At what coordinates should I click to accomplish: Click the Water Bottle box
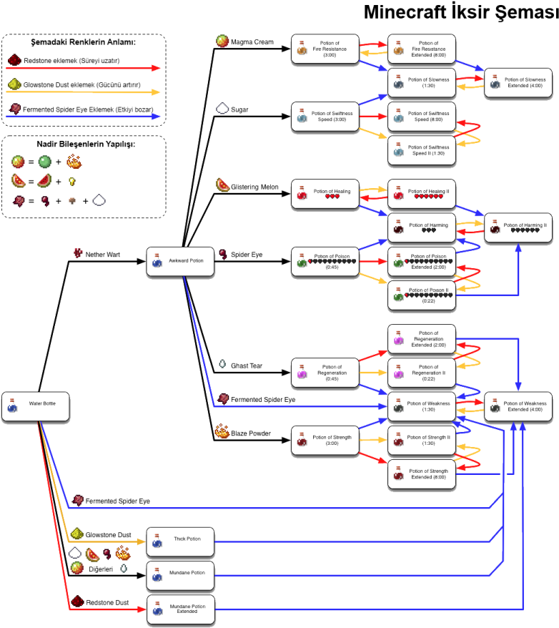pos(36,407)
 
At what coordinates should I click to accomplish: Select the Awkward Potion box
pos(180,262)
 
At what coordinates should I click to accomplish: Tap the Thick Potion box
pos(180,543)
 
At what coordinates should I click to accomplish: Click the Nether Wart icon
pos(78,254)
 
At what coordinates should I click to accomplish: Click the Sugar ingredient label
pos(240,110)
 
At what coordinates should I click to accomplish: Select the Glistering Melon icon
pos(223,185)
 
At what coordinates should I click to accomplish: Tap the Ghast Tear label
pos(247,365)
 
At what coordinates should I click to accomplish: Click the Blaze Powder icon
pos(222,431)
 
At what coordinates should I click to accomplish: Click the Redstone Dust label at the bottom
pos(108,602)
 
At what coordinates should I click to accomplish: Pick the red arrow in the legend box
pos(83,69)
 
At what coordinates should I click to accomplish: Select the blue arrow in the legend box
pos(83,116)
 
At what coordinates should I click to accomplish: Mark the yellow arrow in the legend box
pos(83,92)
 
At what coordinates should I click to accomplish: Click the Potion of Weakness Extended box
pos(518,406)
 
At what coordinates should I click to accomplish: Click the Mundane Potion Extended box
pos(180,609)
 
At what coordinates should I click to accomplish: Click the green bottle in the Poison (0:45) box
pos(302,263)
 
